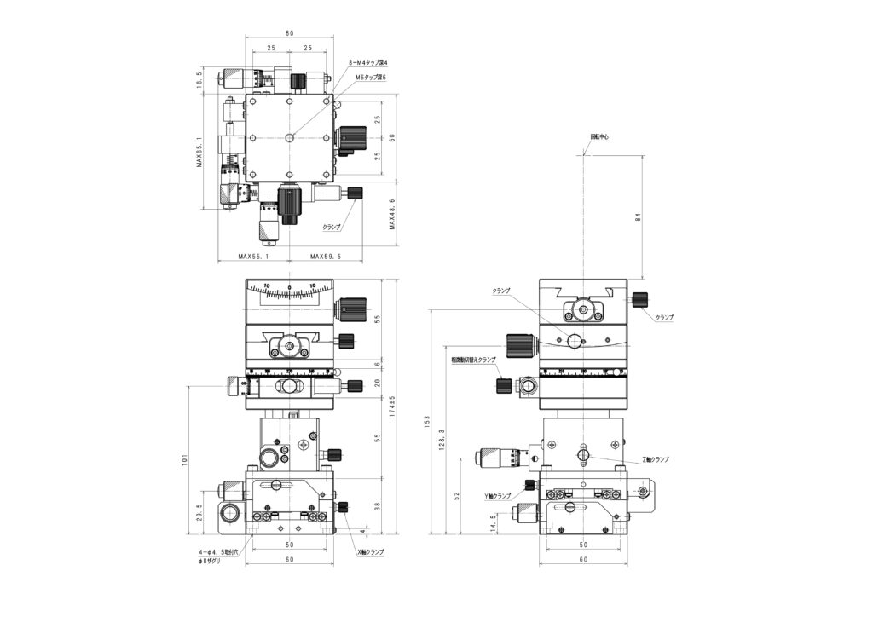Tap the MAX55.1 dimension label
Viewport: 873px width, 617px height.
pos(254,256)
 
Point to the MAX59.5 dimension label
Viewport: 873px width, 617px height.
pos(325,256)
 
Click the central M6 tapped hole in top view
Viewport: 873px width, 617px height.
pos(290,137)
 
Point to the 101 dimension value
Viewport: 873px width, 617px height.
pos(185,461)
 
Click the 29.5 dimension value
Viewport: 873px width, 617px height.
pos(199,510)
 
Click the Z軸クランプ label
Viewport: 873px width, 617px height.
pos(655,459)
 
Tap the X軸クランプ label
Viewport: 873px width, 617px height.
pos(370,552)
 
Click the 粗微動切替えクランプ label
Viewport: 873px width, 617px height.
pos(473,360)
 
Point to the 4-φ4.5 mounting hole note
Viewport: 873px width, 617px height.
pos(220,552)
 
